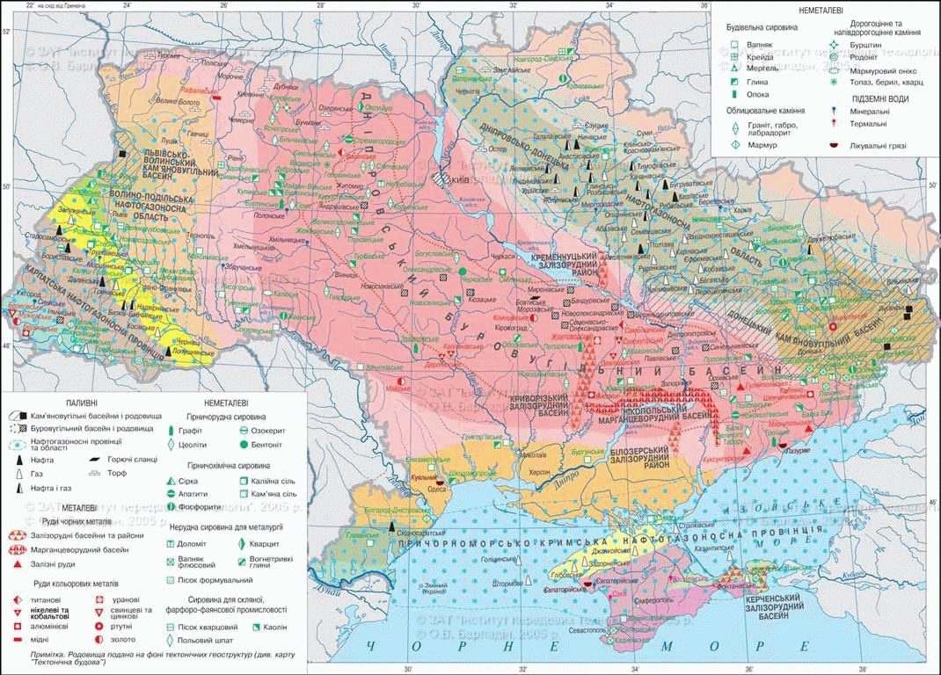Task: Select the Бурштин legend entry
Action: coord(861,43)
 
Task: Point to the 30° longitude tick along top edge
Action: coord(416,5)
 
